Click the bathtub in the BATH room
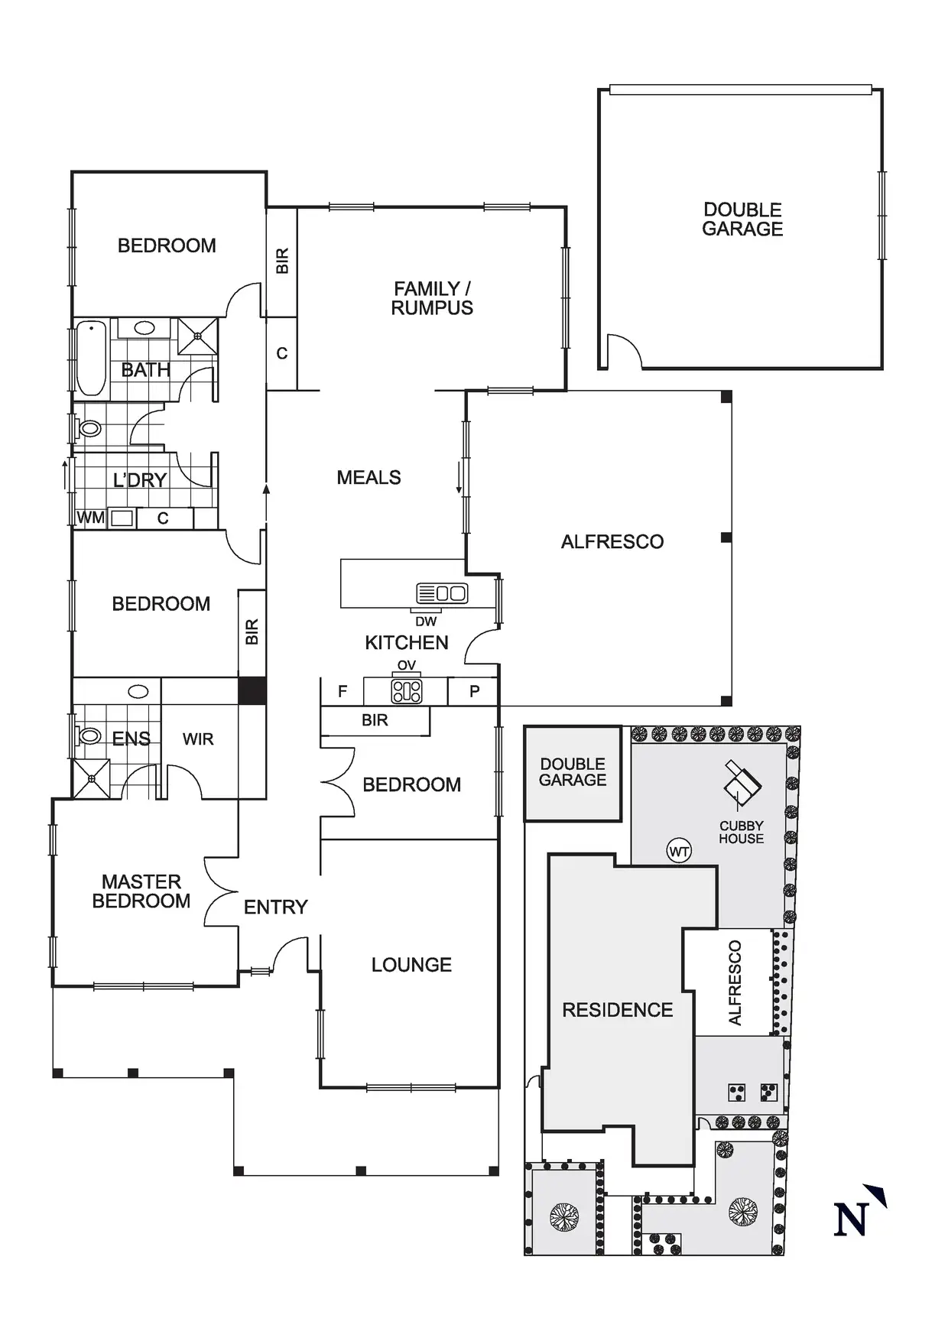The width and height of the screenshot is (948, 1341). [x=91, y=358]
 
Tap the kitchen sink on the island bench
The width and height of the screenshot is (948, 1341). [x=442, y=593]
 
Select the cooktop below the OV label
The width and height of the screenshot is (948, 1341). [x=407, y=691]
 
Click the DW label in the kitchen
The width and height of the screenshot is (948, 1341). [x=426, y=622]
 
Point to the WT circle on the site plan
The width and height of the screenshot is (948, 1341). [x=679, y=851]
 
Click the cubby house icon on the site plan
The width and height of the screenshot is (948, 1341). [x=742, y=783]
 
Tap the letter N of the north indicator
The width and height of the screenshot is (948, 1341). [x=851, y=1219]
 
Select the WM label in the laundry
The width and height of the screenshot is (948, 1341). [x=90, y=518]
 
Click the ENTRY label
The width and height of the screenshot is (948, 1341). [x=275, y=907]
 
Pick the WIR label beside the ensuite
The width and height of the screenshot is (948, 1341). [x=198, y=739]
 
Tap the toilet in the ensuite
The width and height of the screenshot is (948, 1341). [x=89, y=736]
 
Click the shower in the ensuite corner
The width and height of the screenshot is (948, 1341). [x=92, y=778]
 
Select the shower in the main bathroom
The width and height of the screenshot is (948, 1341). [x=197, y=336]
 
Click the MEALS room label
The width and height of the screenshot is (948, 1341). [x=368, y=477]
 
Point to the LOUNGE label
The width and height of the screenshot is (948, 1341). [x=411, y=965]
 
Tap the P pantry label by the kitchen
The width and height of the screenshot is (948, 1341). [x=474, y=691]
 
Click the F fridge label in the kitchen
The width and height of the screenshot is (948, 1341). [x=343, y=691]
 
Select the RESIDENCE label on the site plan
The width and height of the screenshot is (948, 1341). [x=617, y=1010]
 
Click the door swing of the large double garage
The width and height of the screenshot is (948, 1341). [x=625, y=350]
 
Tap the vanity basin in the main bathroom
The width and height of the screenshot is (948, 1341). [x=144, y=328]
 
